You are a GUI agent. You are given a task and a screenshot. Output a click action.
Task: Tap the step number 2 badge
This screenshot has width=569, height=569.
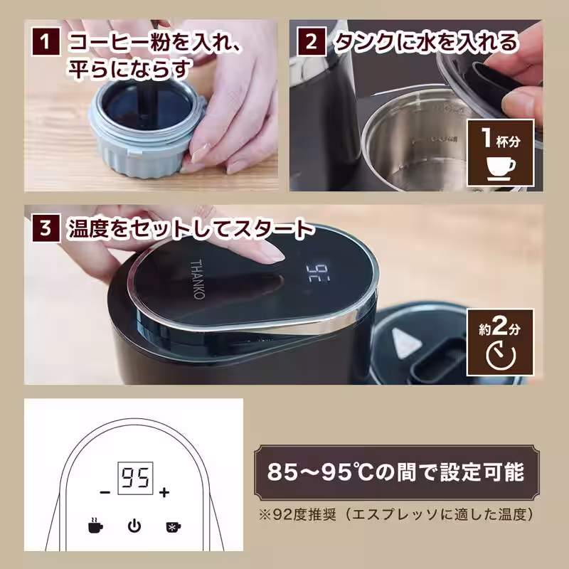tap(311, 43)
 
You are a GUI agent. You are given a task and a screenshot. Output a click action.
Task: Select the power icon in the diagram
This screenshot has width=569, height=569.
tap(134, 527)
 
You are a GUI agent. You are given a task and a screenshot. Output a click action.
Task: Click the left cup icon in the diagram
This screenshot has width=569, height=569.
tap(95, 527)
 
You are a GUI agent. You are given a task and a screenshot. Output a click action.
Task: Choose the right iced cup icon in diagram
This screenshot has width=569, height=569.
tap(173, 527)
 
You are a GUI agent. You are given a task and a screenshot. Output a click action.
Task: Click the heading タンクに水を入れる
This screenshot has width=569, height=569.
tap(427, 43)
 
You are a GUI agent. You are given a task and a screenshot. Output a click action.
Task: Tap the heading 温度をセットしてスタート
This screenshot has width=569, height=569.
tap(189, 230)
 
